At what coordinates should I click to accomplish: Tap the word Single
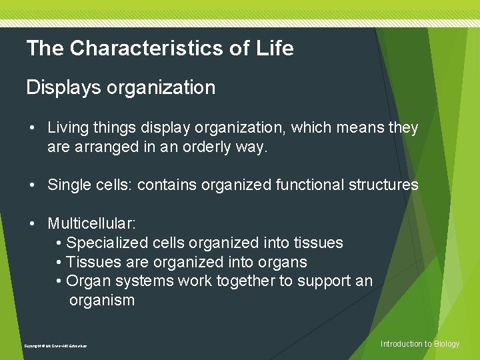[67, 185]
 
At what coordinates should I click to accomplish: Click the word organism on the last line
[101, 301]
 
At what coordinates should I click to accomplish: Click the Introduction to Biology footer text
[420, 344]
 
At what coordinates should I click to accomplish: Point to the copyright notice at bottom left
[55, 346]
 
